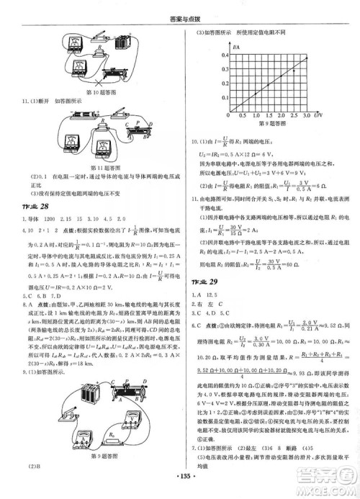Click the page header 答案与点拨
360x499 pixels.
pos(180,7)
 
